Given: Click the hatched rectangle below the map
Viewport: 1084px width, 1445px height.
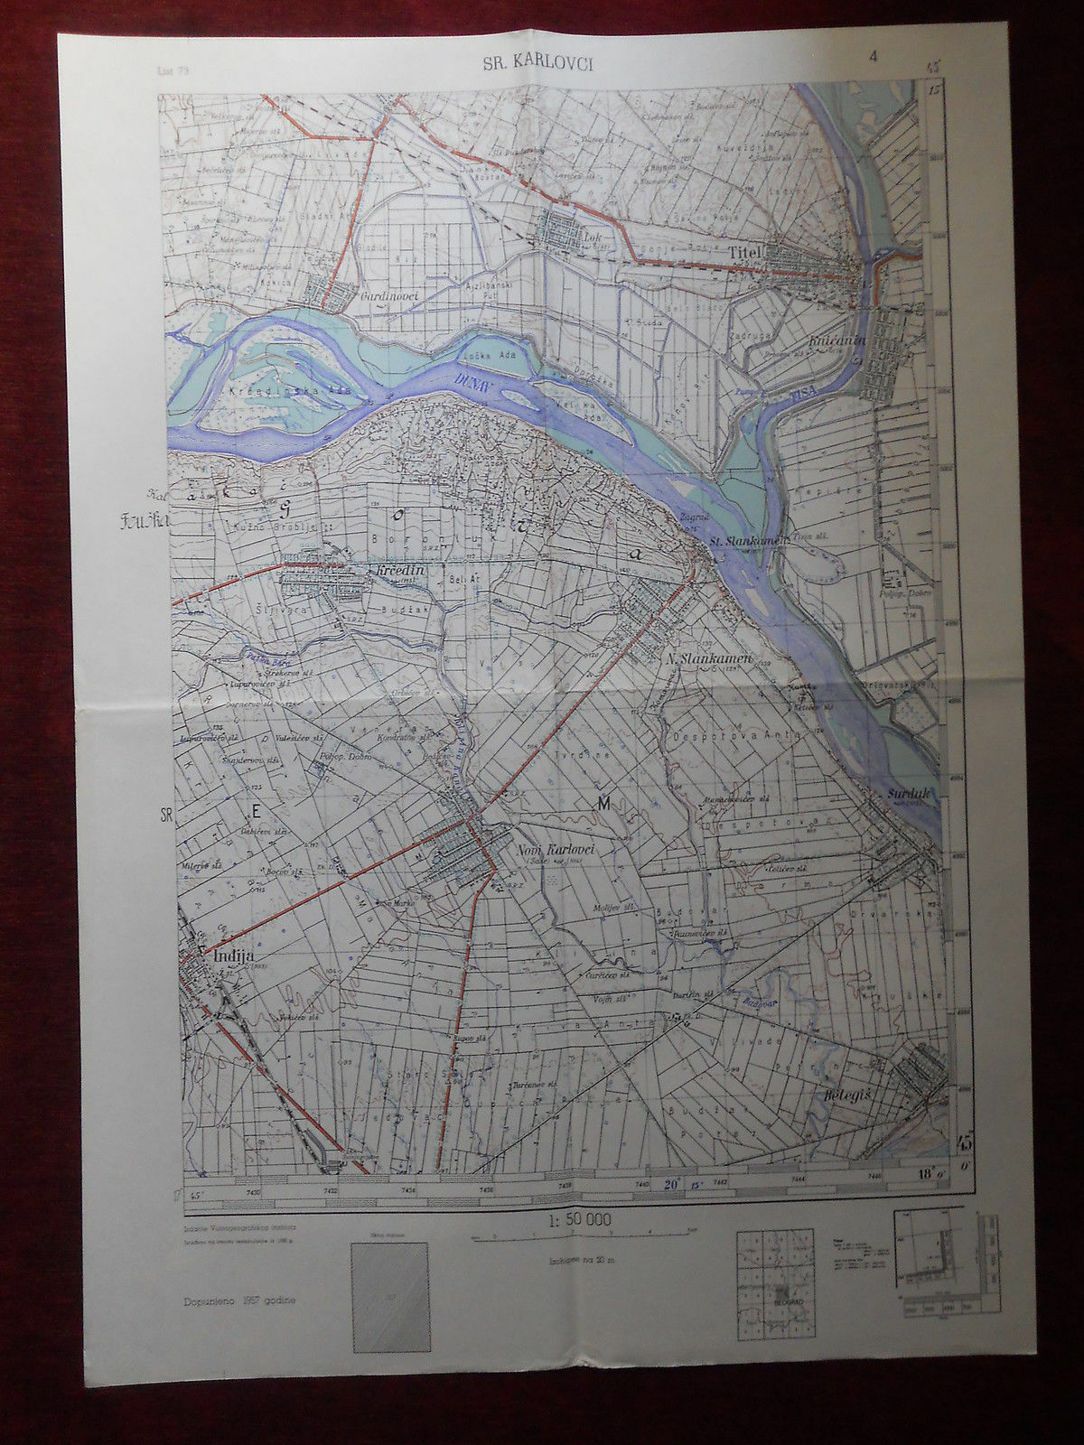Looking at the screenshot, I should tap(391, 1297).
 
